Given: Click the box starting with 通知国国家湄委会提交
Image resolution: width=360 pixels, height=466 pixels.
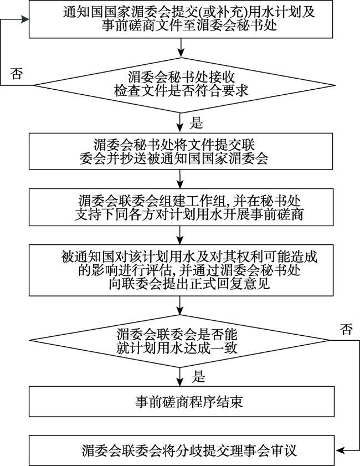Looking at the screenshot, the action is pos(181,19).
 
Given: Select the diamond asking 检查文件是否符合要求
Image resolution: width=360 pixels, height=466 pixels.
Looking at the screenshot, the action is pos(184,85).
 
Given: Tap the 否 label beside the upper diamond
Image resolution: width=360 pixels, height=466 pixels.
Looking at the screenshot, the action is pos(16,73).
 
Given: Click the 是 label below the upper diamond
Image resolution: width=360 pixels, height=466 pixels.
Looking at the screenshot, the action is pos(196,122).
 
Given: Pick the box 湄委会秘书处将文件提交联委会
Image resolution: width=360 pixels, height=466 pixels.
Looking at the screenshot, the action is pos(181,151).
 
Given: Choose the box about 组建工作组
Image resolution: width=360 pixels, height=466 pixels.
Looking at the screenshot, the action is pos(181,207).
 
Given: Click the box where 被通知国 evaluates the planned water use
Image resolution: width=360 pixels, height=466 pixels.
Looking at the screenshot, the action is pos(181,270).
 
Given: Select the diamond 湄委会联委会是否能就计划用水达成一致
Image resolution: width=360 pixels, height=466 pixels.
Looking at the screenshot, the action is pos(179,341).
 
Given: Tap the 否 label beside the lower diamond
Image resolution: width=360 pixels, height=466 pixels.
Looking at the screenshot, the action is pos(346,330).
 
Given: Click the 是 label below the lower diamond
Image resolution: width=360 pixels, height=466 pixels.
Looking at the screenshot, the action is pos(198,376).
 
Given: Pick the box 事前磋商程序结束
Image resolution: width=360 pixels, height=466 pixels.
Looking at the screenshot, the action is pos(182,402).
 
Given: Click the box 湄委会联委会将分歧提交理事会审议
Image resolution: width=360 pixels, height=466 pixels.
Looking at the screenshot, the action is pos(182,450).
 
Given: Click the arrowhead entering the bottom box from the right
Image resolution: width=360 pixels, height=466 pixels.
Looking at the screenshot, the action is pos(339,450).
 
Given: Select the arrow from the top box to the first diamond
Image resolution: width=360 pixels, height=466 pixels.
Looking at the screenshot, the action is pos(181,48).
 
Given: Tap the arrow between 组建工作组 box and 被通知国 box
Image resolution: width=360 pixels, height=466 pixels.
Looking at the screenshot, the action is pos(180,235).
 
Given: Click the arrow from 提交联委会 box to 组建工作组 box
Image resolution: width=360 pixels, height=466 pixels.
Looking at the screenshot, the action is pos(180,179).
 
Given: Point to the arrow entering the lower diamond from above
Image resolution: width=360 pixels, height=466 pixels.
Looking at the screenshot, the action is pos(179,305).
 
